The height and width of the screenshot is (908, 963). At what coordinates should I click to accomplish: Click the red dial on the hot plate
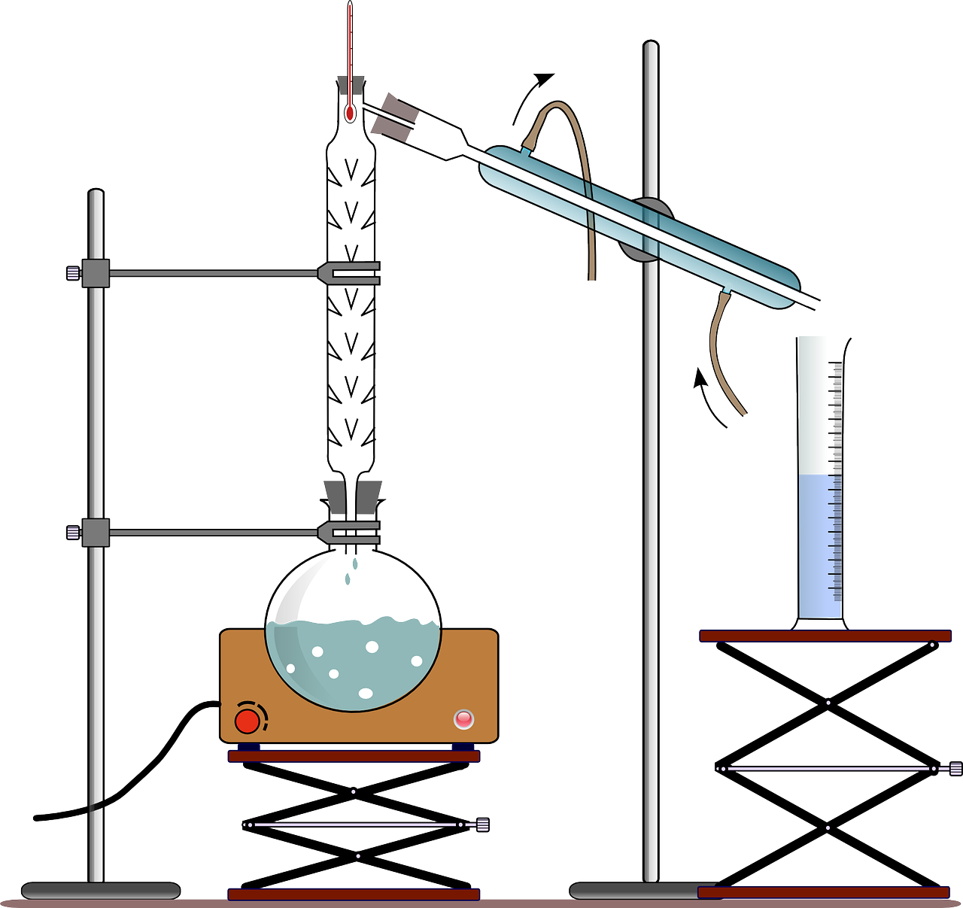coord(247,721)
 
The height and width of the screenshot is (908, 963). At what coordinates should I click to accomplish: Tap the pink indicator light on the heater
coord(464,719)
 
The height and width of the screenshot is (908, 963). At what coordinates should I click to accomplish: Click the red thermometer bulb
coord(350,114)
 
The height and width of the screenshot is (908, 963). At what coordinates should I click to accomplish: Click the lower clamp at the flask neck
coord(349,533)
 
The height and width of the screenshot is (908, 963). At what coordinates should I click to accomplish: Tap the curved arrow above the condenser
coord(531,93)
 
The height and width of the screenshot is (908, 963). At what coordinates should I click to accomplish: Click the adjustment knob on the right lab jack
coord(955,768)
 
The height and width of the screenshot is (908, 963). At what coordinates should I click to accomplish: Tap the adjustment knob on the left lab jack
coord(482,824)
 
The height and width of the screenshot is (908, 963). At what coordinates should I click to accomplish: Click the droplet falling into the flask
coord(347,578)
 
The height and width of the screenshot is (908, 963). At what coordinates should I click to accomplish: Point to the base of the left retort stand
coord(100,891)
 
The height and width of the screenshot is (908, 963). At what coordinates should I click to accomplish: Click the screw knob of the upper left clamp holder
coord(72,272)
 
